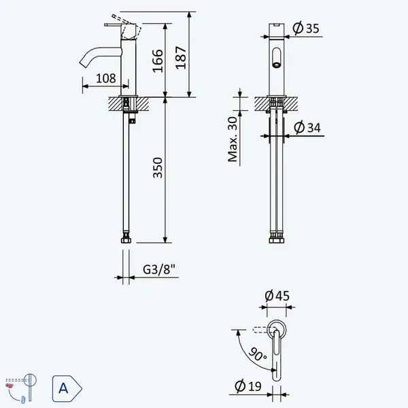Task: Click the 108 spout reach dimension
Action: coord(106,78)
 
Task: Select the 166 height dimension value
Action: coord(158,61)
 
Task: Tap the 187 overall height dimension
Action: coord(181,58)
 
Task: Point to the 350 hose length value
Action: coord(158,168)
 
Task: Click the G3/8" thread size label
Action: coord(159,269)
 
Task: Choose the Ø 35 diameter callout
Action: coord(306,28)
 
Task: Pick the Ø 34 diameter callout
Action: coord(307,127)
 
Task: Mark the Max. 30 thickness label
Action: coord(233,139)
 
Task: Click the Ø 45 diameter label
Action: coord(277,296)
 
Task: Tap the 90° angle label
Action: coord(258,354)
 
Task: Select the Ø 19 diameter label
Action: coord(248,386)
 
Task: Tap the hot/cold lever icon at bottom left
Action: coord(21,388)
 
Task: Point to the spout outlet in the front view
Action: coord(277,65)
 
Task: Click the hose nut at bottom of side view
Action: coord(126,240)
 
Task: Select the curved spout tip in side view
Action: coord(83,63)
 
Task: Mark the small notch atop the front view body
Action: coord(277,25)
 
